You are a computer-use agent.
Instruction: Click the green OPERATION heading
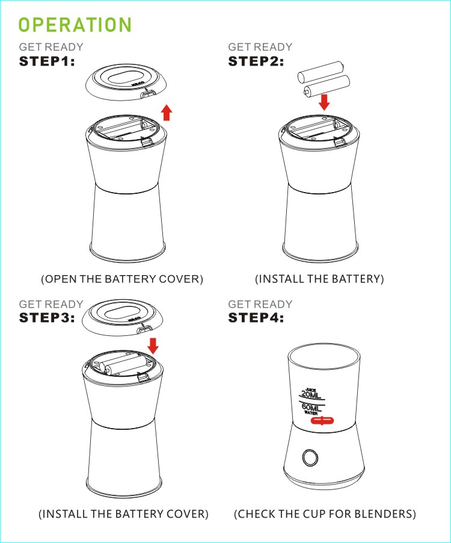click(x=75, y=25)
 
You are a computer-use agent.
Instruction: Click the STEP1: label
click(x=47, y=61)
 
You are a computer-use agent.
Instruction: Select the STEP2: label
click(x=256, y=61)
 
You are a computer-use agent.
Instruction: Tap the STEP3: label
click(x=47, y=318)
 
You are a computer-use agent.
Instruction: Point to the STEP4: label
click(x=256, y=318)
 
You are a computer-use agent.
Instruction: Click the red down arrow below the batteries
click(x=324, y=102)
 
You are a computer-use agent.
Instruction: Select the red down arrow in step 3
click(x=153, y=346)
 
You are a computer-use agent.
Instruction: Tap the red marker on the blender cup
click(x=322, y=421)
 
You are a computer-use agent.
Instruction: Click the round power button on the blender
click(x=310, y=458)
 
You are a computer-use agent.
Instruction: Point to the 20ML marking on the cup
click(x=310, y=394)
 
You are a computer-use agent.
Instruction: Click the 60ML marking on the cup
click(x=311, y=408)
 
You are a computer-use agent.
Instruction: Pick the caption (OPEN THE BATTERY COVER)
click(x=122, y=279)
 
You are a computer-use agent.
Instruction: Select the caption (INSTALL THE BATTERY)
click(x=319, y=279)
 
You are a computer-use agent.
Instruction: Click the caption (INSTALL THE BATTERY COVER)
click(x=123, y=514)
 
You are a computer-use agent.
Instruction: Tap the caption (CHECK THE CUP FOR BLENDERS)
click(x=325, y=514)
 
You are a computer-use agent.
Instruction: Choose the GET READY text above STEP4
click(x=260, y=304)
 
